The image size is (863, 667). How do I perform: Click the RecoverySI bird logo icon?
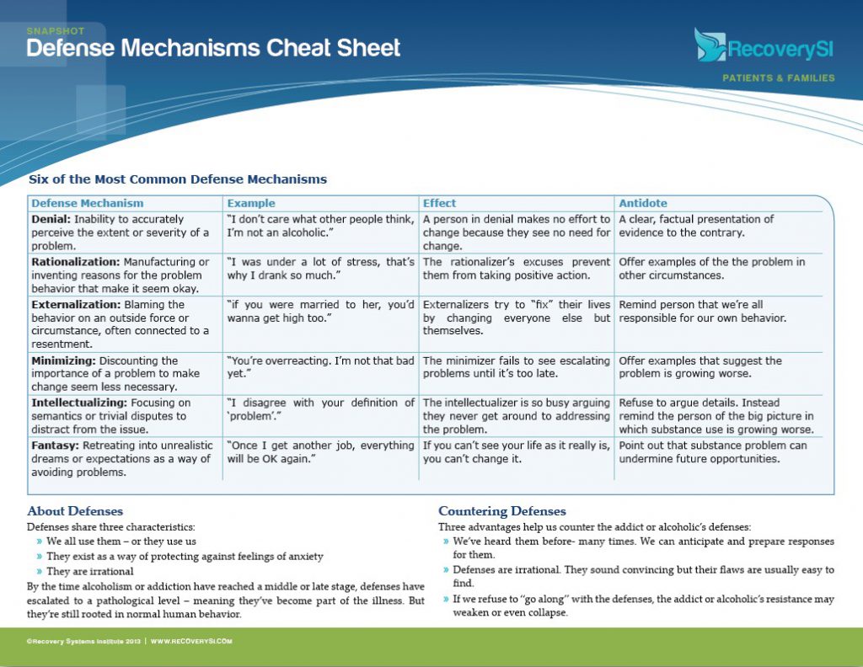(710, 45)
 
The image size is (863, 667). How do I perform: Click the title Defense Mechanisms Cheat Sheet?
(213, 48)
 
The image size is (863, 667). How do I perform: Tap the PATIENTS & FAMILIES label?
(778, 78)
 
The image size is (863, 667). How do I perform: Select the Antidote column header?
(643, 203)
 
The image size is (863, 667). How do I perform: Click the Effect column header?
(439, 203)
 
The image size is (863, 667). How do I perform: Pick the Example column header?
(251, 203)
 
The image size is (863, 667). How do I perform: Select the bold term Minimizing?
(62, 360)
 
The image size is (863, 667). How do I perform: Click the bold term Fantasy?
(53, 445)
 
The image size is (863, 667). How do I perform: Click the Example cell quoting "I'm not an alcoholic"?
(320, 225)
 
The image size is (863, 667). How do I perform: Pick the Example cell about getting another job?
(320, 451)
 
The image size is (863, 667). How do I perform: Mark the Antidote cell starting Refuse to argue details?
(716, 416)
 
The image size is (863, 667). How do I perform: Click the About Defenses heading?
(75, 511)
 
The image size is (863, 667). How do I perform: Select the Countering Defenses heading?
(502, 511)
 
